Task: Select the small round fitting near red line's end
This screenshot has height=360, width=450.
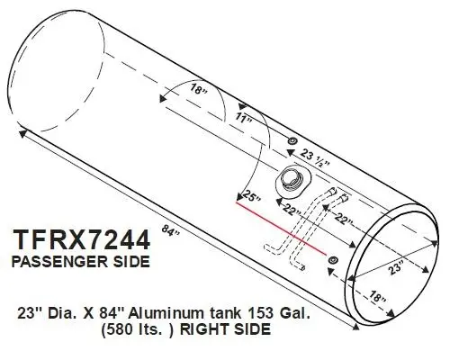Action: coord(333,260)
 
